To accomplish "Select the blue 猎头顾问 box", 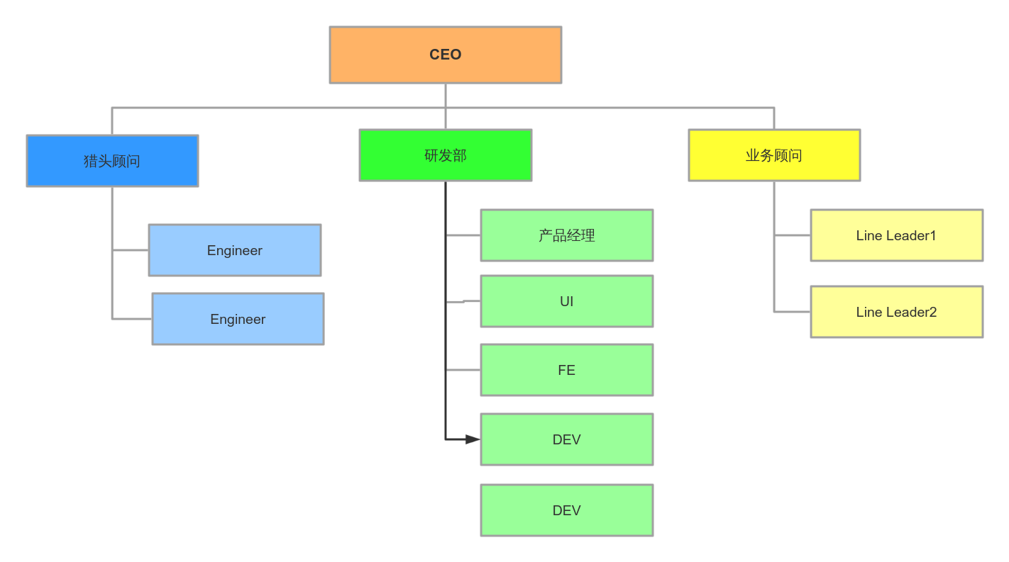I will pos(112,161).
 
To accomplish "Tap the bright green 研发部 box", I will pos(445,155).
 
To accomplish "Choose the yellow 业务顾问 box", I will pos(774,155).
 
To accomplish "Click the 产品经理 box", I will pos(566,235).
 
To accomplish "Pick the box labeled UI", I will pos(566,301).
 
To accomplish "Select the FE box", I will pos(566,370).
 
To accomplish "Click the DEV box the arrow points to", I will pos(566,439).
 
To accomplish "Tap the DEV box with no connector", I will pos(566,510).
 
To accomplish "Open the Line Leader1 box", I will pos(896,235).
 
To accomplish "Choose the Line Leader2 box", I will pos(896,312).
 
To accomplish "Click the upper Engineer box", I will pos(234,250).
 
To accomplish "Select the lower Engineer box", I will pos(238,319).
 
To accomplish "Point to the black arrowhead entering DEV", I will pos(473,439).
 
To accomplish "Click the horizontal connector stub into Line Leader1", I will pos(793,235).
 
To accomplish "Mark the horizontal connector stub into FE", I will pos(463,370).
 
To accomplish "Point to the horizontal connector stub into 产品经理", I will pos(463,235).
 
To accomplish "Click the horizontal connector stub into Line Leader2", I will pos(793,312).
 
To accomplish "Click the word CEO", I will pos(445,55).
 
